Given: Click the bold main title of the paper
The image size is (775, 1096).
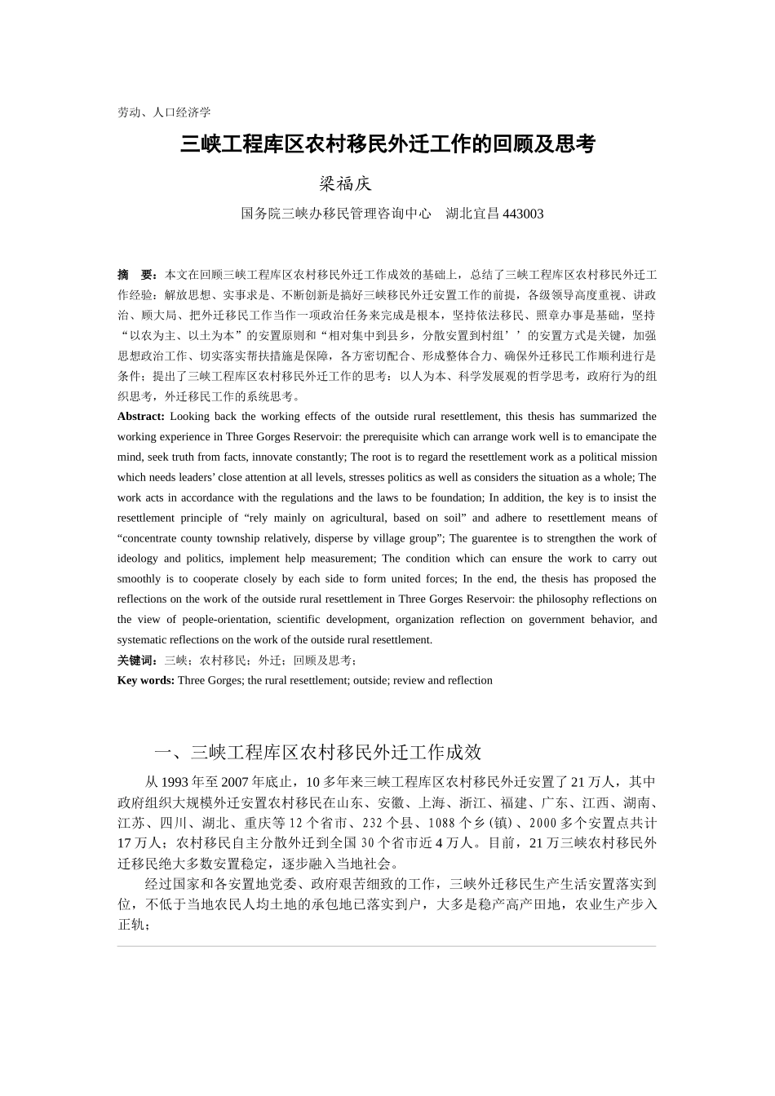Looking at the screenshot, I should pos(387,145).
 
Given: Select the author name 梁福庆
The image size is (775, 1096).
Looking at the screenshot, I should pos(345,184).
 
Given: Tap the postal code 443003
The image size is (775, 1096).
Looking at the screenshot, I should pos(523,214).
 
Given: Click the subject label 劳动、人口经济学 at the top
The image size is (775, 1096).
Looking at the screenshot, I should pos(164,112).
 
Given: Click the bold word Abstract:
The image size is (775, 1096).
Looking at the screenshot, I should pos(141,417).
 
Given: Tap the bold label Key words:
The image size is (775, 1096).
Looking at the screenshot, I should pos(145,681).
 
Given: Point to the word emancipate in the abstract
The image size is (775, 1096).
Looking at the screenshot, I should pos(610,437).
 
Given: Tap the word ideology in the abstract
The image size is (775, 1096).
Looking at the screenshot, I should pos(137,559).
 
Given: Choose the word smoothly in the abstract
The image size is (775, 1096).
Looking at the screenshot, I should pos(139,579).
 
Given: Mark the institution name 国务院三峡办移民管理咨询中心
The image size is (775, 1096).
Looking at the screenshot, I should pos(335,214).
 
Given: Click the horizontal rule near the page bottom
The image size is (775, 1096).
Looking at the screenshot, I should pos(387,946).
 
